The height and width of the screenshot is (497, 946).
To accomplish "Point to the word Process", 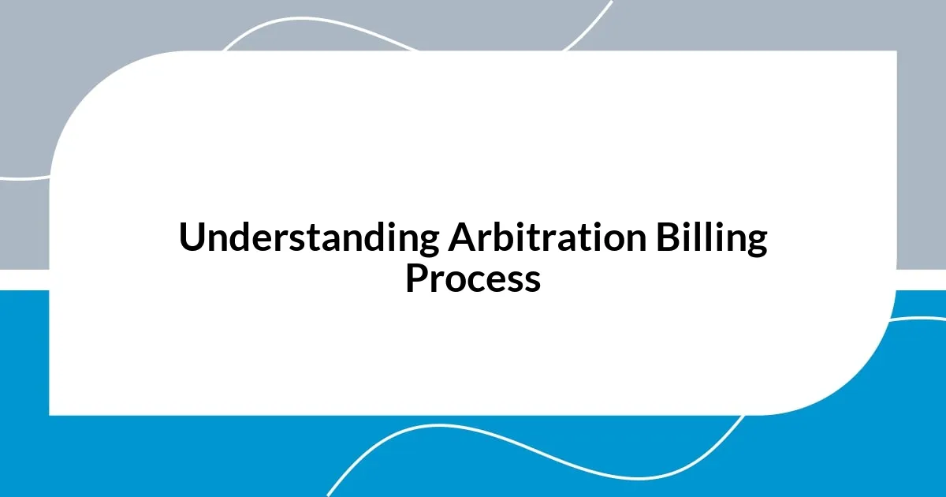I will click(473, 278).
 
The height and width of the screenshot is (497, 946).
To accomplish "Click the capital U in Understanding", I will click(192, 238).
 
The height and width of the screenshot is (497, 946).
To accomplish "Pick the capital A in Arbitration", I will click(460, 238).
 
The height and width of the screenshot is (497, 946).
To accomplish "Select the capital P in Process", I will click(416, 278).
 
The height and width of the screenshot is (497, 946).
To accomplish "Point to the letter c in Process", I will click(469, 281).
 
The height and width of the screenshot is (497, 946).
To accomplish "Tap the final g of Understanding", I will click(428, 243).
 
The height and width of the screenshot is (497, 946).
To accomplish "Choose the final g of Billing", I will click(756, 243).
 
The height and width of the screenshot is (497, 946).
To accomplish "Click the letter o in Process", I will click(450, 281).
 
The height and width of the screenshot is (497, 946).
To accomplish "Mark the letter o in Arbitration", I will click(605, 241).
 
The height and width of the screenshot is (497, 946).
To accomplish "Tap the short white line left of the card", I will click(24, 178).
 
